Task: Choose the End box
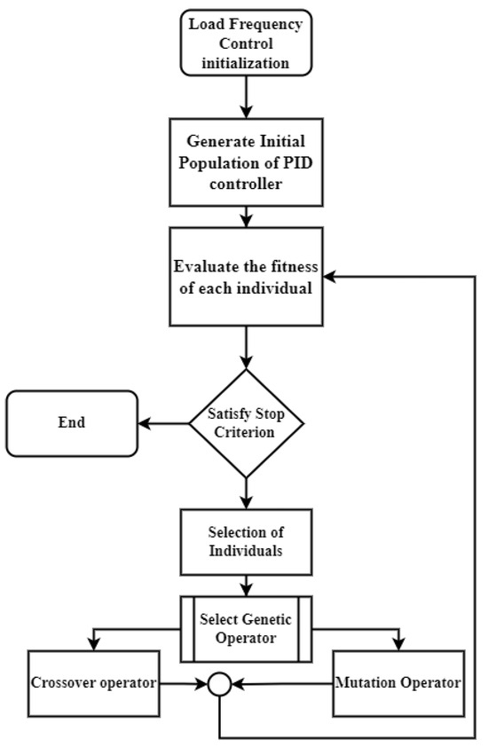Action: coord(72,423)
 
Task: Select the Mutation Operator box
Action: coord(398,683)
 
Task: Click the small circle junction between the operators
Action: coord(219,684)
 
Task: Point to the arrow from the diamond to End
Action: coord(164,423)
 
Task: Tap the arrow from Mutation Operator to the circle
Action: coord(281,684)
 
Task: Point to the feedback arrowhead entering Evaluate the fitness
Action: coord(327,278)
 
